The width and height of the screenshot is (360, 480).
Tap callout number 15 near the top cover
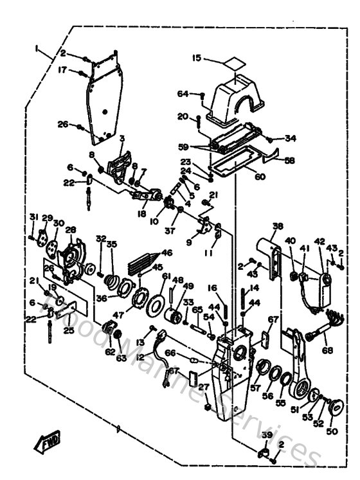coord(196,58)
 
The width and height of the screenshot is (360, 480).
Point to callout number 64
coord(183,94)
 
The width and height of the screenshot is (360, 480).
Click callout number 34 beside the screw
coord(291,138)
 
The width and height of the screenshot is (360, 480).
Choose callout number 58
coord(289,161)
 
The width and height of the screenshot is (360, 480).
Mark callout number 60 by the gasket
coord(260,177)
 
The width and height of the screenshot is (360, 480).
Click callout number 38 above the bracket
coord(277,226)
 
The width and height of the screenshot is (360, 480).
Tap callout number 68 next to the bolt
coord(328,350)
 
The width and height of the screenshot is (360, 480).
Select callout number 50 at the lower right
coord(332,431)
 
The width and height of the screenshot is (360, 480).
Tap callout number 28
coord(70,229)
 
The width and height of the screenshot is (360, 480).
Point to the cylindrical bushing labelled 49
coord(172,317)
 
